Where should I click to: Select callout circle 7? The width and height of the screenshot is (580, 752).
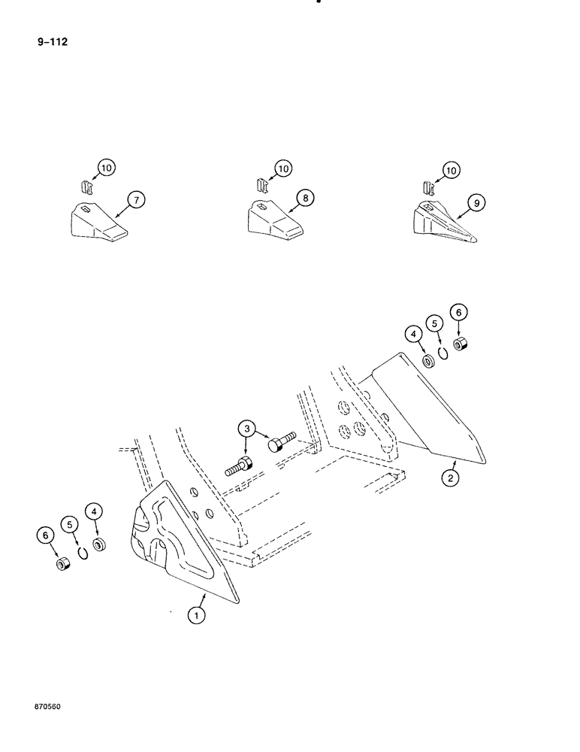click(135, 200)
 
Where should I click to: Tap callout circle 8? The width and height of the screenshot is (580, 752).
click(304, 198)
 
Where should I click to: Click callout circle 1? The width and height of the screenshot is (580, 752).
click(197, 616)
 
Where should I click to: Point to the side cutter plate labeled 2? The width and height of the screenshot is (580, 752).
click(424, 414)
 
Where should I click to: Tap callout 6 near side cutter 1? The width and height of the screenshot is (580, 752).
click(46, 535)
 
